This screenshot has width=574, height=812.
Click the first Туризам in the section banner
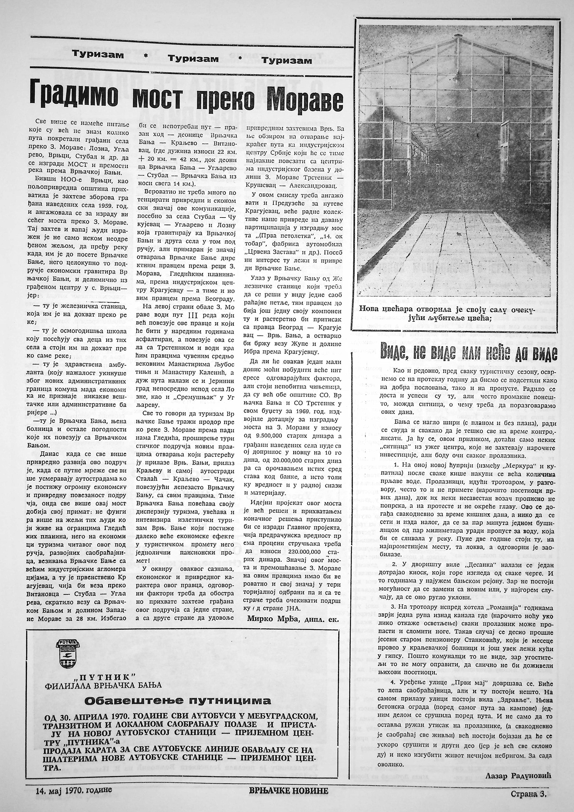(x=98, y=55)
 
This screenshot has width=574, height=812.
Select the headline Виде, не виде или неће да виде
(x=469, y=353)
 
